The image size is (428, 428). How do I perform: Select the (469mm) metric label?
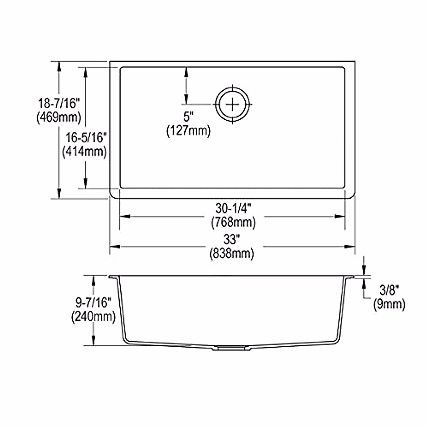[x=59, y=117]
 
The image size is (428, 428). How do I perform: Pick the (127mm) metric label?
[x=188, y=131]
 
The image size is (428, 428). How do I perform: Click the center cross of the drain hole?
[x=233, y=104]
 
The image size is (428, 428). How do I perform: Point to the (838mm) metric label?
[x=232, y=254]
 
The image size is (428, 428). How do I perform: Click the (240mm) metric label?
[x=93, y=317]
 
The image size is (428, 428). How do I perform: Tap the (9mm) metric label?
[x=389, y=304]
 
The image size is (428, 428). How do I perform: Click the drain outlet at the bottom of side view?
[x=232, y=347]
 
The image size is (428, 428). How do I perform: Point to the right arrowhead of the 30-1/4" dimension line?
[x=340, y=216]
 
